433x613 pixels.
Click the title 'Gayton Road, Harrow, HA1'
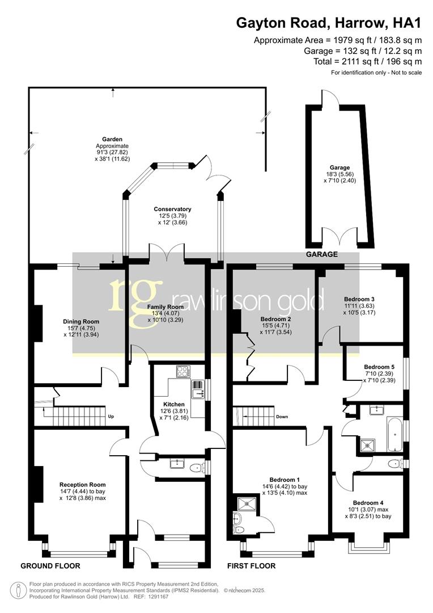pyautogui.click(x=329, y=23)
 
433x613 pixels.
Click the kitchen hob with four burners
pyautogui.click(x=183, y=372)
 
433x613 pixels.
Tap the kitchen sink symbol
pyautogui.click(x=198, y=391)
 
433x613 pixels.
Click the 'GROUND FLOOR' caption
pyautogui.click(x=50, y=566)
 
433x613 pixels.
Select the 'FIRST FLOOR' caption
pyautogui.click(x=251, y=566)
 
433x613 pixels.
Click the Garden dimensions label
pyautogui.click(x=112, y=149)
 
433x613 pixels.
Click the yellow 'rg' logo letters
pyautogui.click(x=131, y=295)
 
